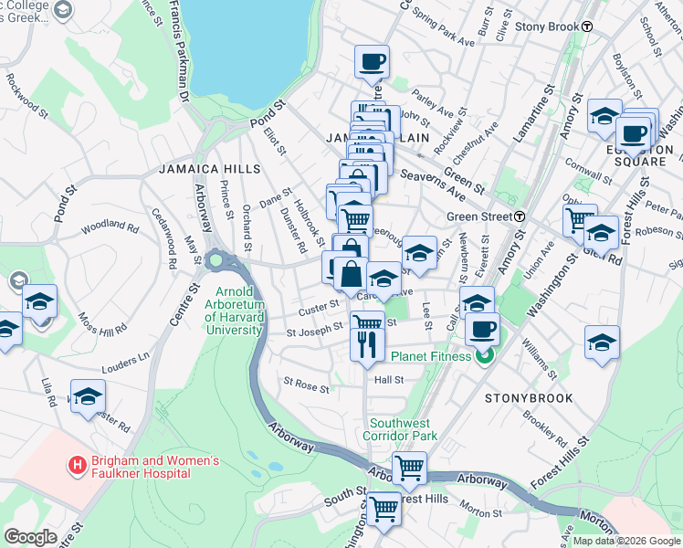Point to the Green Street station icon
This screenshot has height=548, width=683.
[x=520, y=216]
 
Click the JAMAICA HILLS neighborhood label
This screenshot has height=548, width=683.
[x=209, y=169]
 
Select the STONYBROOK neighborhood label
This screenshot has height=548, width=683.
[x=529, y=398]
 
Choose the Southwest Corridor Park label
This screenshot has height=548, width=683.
[x=404, y=429]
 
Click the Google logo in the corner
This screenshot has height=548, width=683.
[x=30, y=537]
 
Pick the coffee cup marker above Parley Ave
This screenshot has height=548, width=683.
[x=372, y=62]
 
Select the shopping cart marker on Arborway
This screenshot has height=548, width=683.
[x=410, y=469]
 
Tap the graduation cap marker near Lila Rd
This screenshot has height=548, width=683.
[x=88, y=396]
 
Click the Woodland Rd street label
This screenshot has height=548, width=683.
[x=110, y=225]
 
